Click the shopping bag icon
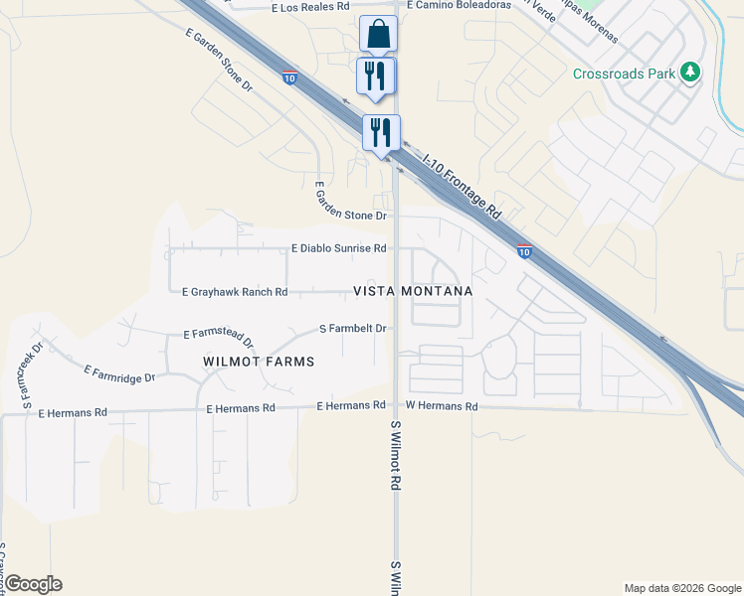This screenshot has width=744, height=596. click(378, 34)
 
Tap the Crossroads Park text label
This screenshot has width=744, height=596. click(624, 74)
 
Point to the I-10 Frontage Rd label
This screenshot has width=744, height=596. click(462, 185)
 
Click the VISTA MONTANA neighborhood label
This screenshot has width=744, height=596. click(413, 291)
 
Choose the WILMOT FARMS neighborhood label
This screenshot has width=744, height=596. click(259, 362)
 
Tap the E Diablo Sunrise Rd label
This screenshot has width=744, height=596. click(338, 248)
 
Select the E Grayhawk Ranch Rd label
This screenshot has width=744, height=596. click(235, 292)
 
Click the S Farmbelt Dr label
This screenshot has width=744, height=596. click(352, 328)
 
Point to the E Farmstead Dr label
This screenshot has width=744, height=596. click(219, 339)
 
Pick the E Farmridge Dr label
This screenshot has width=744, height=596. click(120, 373)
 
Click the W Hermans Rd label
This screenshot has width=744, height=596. click(442, 406)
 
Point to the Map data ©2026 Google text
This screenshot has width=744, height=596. click(681, 588)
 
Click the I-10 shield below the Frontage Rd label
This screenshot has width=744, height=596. click(524, 252)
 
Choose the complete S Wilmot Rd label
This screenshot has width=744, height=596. click(396, 455)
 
